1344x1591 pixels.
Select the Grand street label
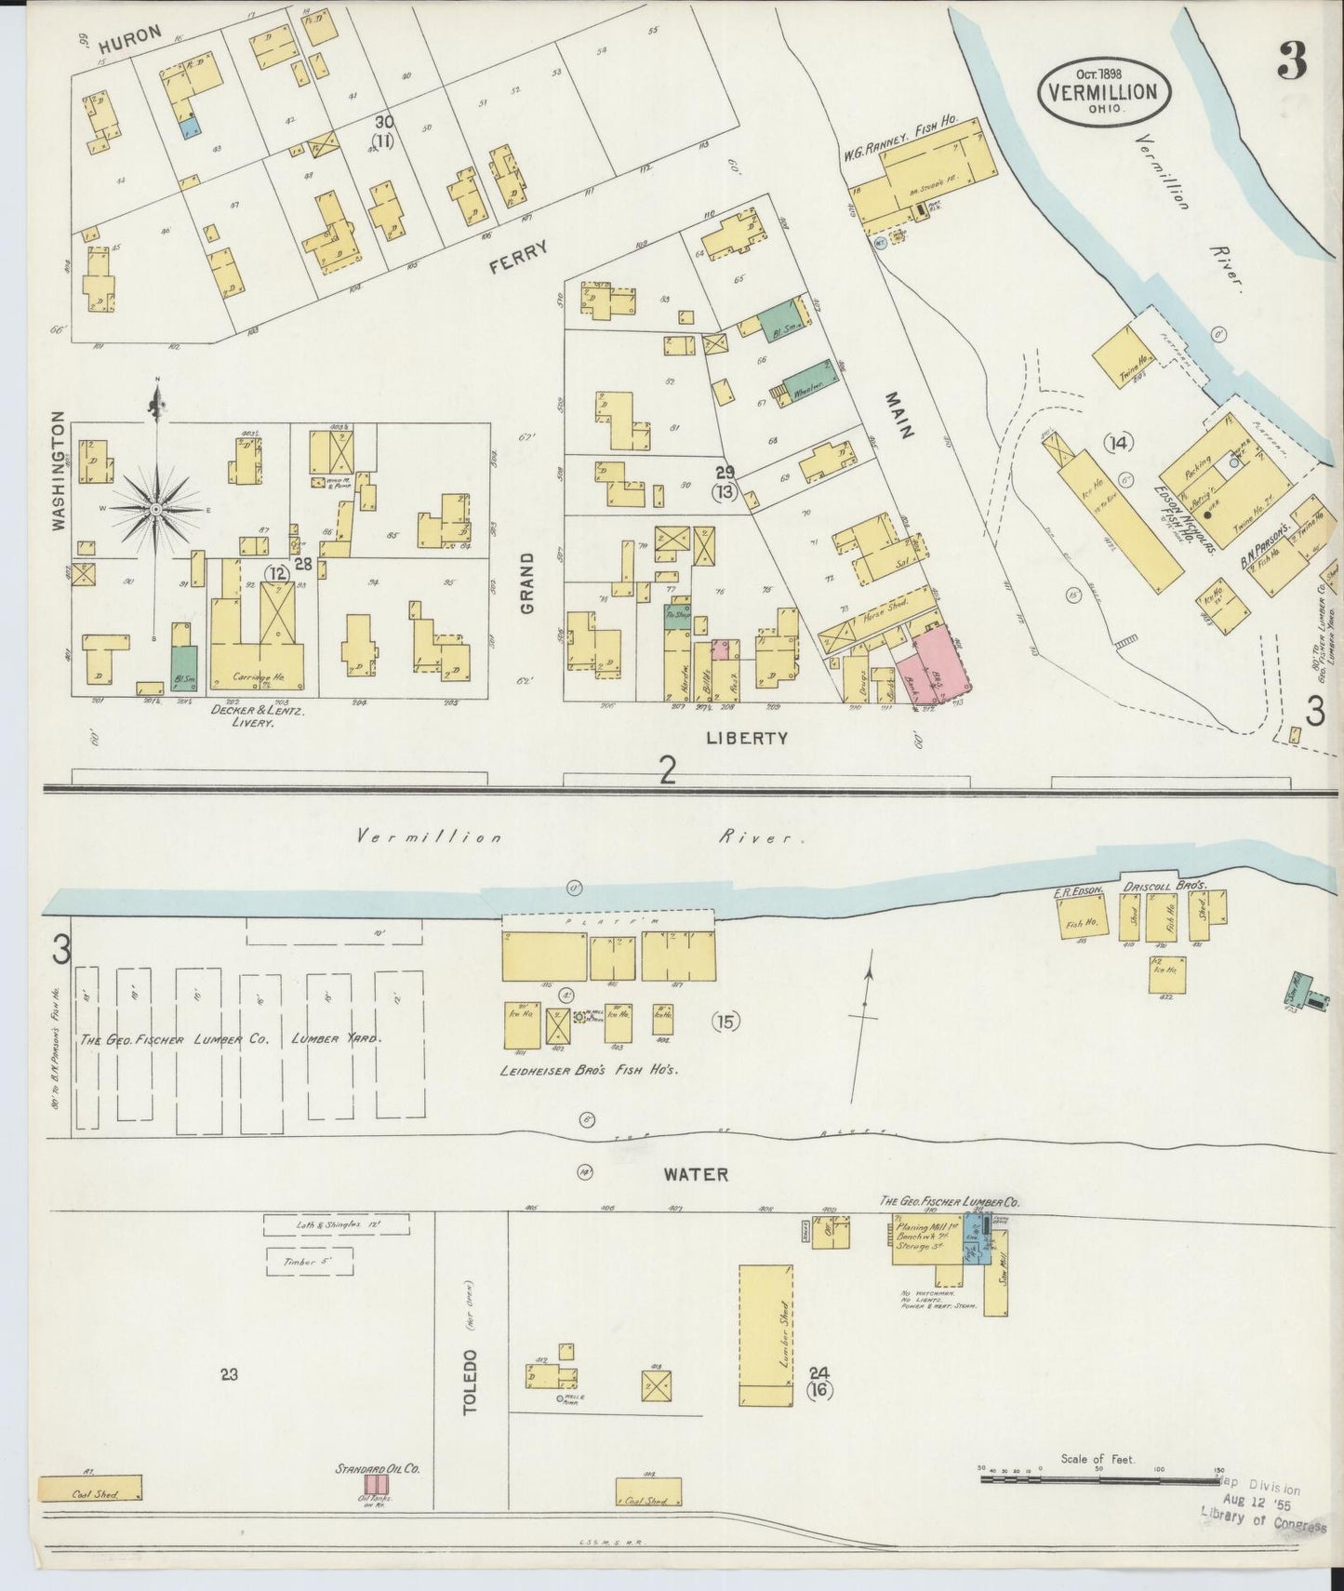[x=527, y=582]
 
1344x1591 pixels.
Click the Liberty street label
[x=747, y=738]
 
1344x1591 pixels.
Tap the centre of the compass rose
[x=156, y=510]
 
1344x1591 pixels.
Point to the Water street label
[x=696, y=1174]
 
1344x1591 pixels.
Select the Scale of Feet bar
[x=1101, y=1477]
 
